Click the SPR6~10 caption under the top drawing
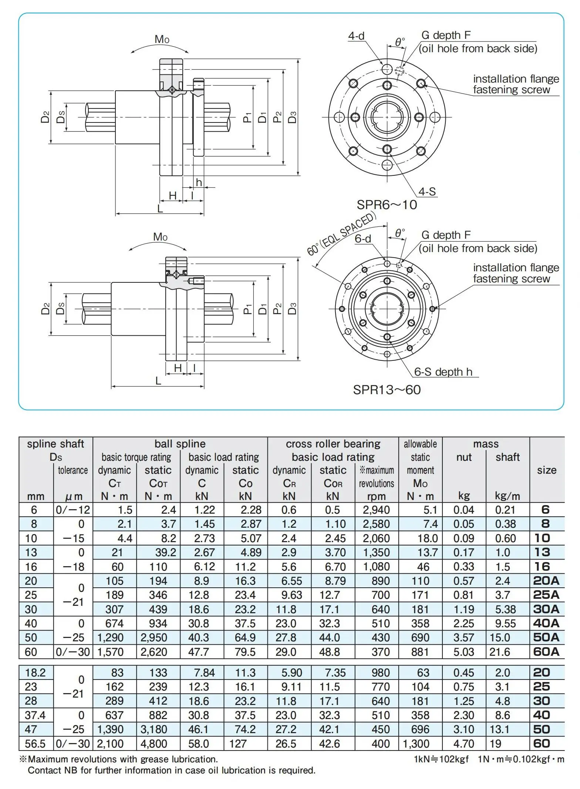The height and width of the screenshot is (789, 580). (387, 205)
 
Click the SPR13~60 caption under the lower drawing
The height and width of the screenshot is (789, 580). (387, 390)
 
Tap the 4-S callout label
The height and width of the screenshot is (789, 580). (427, 192)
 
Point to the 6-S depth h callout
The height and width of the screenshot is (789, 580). (443, 372)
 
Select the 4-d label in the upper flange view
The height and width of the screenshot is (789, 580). (356, 36)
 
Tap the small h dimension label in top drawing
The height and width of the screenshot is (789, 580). (199, 182)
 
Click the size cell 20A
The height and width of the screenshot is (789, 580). (546, 581)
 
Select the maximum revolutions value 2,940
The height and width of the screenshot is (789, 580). (376, 510)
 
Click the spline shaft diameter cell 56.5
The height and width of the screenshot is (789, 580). (35, 744)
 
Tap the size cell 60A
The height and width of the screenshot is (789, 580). (546, 652)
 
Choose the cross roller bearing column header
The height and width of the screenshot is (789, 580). (333, 444)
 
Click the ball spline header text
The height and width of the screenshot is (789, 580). (180, 444)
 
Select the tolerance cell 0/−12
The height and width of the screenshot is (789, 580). (73, 510)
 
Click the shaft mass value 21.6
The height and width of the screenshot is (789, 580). (500, 652)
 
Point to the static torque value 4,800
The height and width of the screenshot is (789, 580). (154, 744)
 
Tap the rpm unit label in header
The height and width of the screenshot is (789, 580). (376, 496)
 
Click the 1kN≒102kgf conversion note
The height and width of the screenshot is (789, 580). (441, 759)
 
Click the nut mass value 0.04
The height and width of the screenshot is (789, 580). (463, 510)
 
